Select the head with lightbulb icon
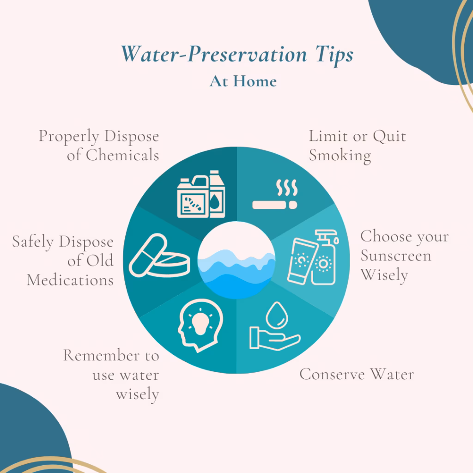tap(200, 323)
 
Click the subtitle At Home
tap(243, 81)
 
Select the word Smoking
tap(340, 156)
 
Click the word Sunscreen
tap(395, 255)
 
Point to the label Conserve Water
tap(356, 374)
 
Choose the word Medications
tap(70, 280)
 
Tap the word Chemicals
tap(113, 155)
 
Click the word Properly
tap(69, 136)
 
